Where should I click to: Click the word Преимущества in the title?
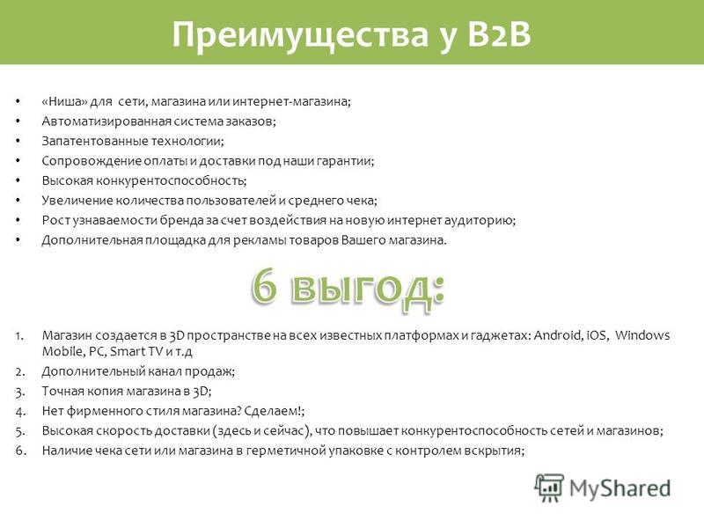300,35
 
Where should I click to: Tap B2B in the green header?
499,34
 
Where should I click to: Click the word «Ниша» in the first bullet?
64,101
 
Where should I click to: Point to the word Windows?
642,335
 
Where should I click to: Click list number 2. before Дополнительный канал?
20,372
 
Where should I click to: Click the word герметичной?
285,451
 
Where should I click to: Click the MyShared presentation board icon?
549,488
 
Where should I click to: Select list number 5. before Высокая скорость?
20,431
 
